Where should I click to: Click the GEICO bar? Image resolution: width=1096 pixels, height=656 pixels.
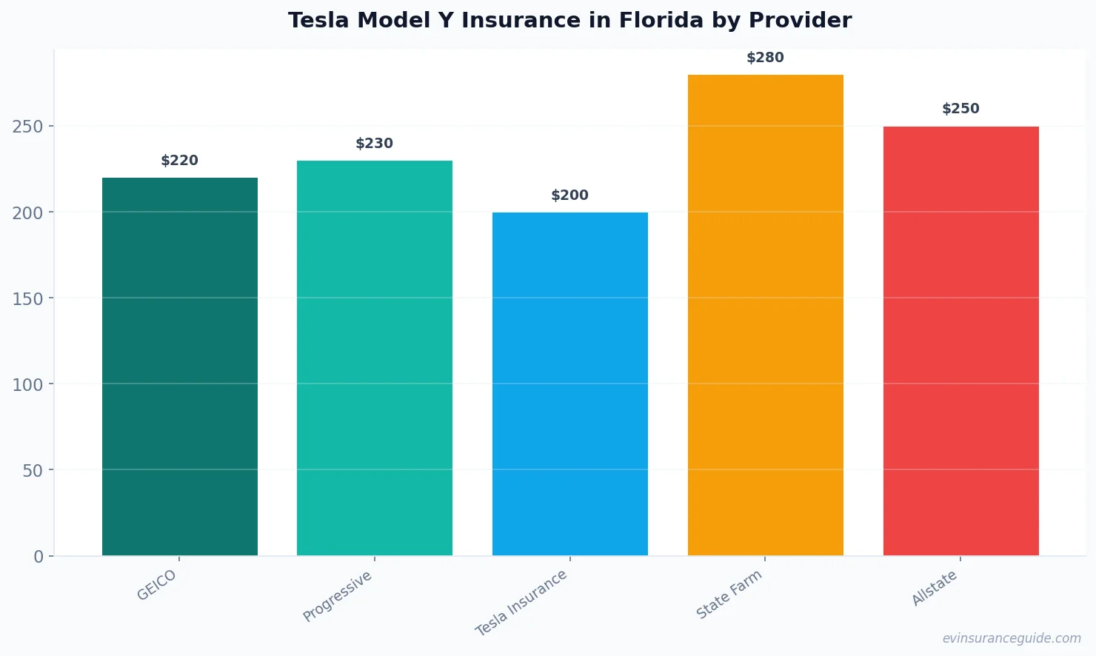179,367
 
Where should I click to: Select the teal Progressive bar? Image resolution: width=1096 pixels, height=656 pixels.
374,358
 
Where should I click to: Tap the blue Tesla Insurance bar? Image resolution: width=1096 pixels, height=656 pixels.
569,384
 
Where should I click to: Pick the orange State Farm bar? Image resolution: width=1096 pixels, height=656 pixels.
765,315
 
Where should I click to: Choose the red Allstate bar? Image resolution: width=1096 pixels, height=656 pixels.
960,341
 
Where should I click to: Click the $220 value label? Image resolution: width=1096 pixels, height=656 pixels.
179,161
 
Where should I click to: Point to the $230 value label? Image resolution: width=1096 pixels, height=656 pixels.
374,144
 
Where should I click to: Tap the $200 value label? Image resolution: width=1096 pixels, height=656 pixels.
569,195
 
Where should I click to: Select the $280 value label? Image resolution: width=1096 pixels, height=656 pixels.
765,58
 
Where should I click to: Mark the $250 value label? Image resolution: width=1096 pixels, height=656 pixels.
960,109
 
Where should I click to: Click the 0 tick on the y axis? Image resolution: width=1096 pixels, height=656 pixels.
39,557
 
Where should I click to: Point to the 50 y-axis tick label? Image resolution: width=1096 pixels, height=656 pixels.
33,471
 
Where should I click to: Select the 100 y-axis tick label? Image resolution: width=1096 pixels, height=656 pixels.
27,385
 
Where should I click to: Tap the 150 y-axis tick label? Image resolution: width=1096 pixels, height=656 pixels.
27,299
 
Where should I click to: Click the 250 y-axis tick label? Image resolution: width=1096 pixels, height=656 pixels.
27,127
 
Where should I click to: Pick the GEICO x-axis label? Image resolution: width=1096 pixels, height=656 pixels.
157,585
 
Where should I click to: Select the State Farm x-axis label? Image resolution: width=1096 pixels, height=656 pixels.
729,595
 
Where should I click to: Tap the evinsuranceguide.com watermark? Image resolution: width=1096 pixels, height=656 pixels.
1012,638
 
